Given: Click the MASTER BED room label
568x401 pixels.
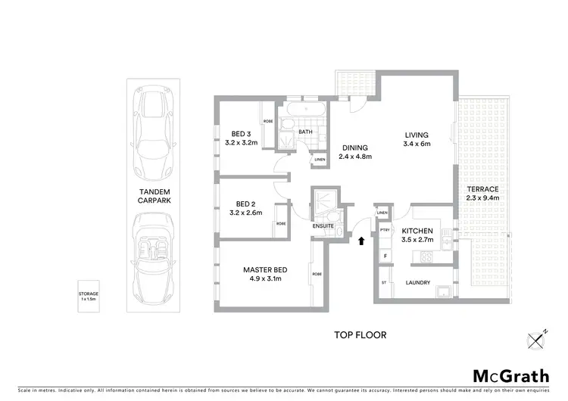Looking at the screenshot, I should point(264,269).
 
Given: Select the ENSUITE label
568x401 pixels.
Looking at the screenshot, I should point(322,225).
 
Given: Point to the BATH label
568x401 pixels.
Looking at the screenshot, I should point(305,132).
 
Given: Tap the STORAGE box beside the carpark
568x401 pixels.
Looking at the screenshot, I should point(89,295).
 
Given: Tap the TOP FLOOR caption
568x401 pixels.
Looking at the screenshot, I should point(360,334).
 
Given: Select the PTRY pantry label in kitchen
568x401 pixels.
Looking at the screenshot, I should point(385,231).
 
